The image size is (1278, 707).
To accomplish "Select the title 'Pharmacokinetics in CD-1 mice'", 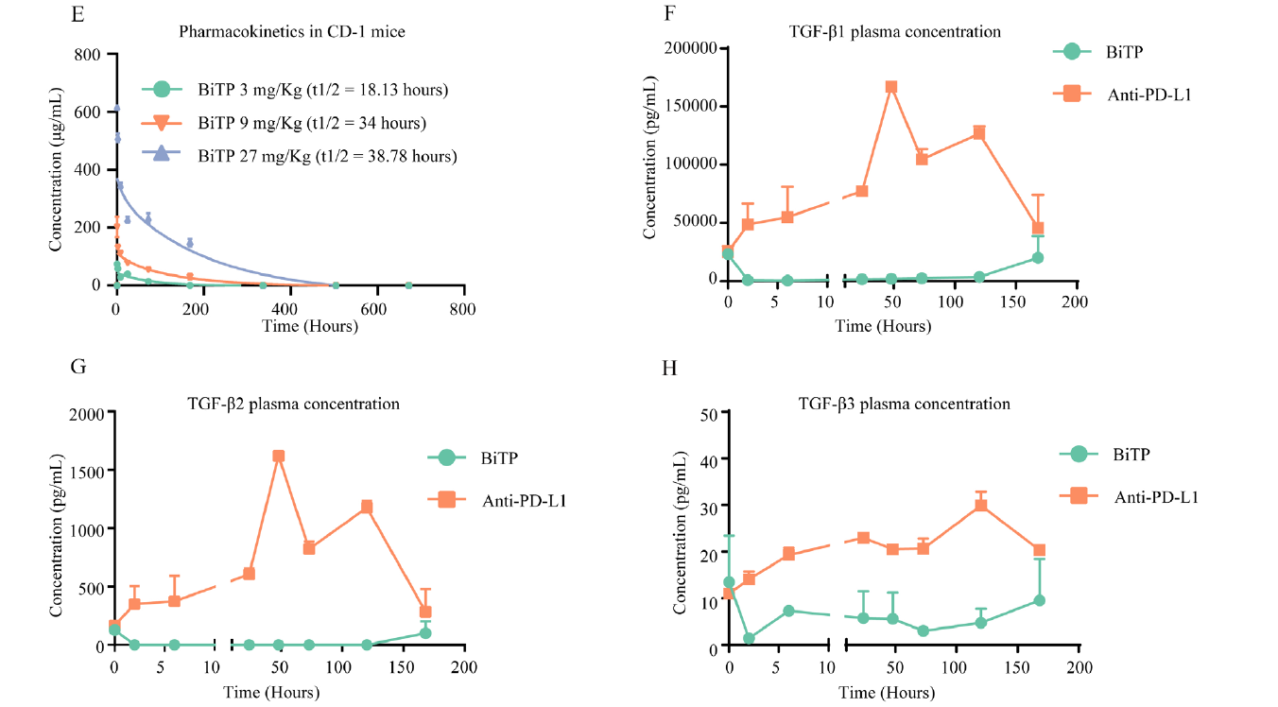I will pyautogui.click(x=292, y=32).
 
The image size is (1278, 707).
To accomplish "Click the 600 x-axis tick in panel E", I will pyautogui.click(x=376, y=307).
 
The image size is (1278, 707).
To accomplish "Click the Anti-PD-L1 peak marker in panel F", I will pyautogui.click(x=890, y=87).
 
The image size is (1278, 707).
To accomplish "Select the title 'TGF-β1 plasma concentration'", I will pyautogui.click(x=894, y=31).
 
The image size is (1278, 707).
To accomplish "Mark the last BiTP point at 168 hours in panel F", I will pyautogui.click(x=1037, y=257).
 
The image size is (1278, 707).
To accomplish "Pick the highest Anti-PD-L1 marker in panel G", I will pyautogui.click(x=278, y=456).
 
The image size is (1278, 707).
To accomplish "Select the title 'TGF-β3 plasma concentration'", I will pyautogui.click(x=904, y=404).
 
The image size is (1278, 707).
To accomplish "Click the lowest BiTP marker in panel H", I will pyautogui.click(x=749, y=638).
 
